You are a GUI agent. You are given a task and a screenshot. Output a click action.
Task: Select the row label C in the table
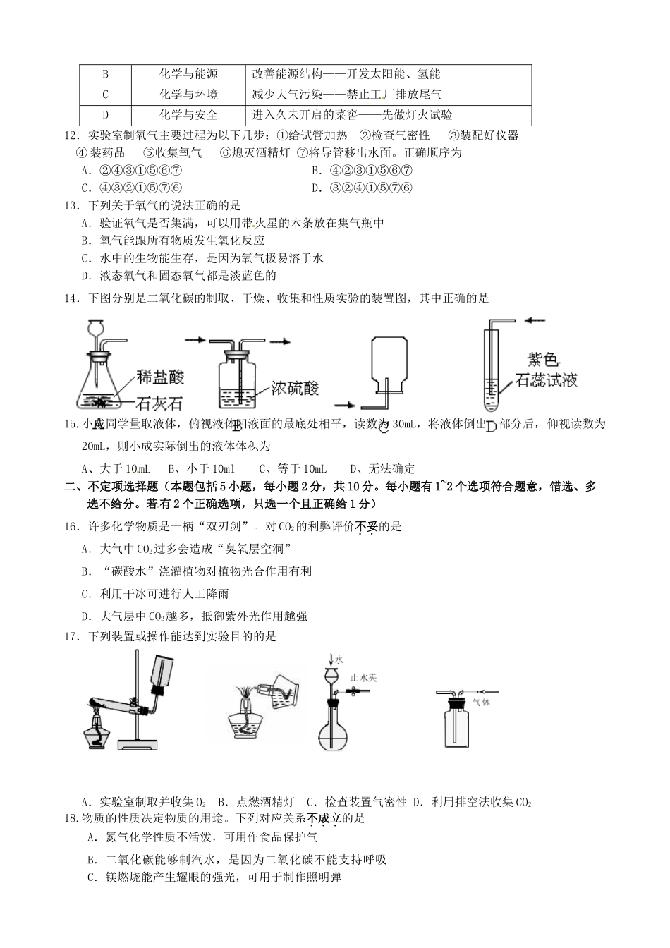(106, 95)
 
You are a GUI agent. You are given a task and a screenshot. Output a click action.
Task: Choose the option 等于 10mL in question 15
(293, 468)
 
